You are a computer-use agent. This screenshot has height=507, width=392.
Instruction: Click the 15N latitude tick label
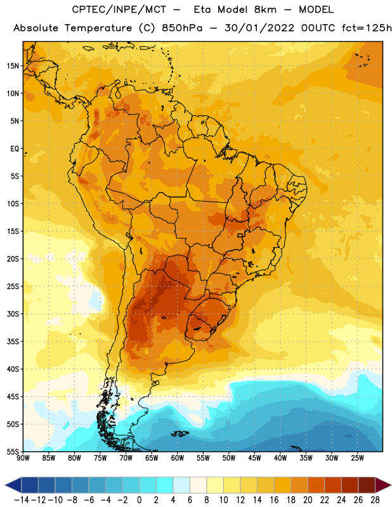pos(13,66)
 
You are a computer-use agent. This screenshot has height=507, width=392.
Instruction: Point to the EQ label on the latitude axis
pos(15,149)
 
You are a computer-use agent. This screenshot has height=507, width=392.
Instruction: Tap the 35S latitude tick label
pos(13,342)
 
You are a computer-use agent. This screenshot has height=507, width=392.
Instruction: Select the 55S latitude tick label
pos(13,452)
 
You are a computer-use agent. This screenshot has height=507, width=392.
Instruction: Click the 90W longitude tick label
pos(23,458)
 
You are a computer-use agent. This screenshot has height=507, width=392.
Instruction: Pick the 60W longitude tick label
pos(178,458)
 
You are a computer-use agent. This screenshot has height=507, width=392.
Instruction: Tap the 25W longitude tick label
pos(357,458)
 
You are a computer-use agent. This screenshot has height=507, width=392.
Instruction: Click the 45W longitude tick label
pos(254,458)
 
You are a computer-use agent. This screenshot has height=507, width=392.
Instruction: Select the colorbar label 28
pos(375,500)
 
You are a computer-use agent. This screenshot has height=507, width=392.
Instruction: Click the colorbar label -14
pos(22,500)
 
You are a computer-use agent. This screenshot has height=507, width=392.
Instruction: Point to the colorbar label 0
pos(139,500)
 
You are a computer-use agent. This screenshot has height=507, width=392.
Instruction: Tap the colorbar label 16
pos(274,500)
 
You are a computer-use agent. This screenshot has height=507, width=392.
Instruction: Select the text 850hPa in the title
pos(182,28)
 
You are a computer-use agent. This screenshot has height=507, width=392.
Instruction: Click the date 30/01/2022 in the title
pos(259,28)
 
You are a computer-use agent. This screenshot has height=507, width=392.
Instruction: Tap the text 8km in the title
pos(265,10)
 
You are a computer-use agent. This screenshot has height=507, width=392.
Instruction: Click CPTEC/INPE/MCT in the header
pos(119,10)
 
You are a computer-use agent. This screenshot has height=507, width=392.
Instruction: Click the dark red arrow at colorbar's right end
pos(383,485)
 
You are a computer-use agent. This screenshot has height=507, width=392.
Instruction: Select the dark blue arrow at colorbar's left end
pos(13,485)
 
